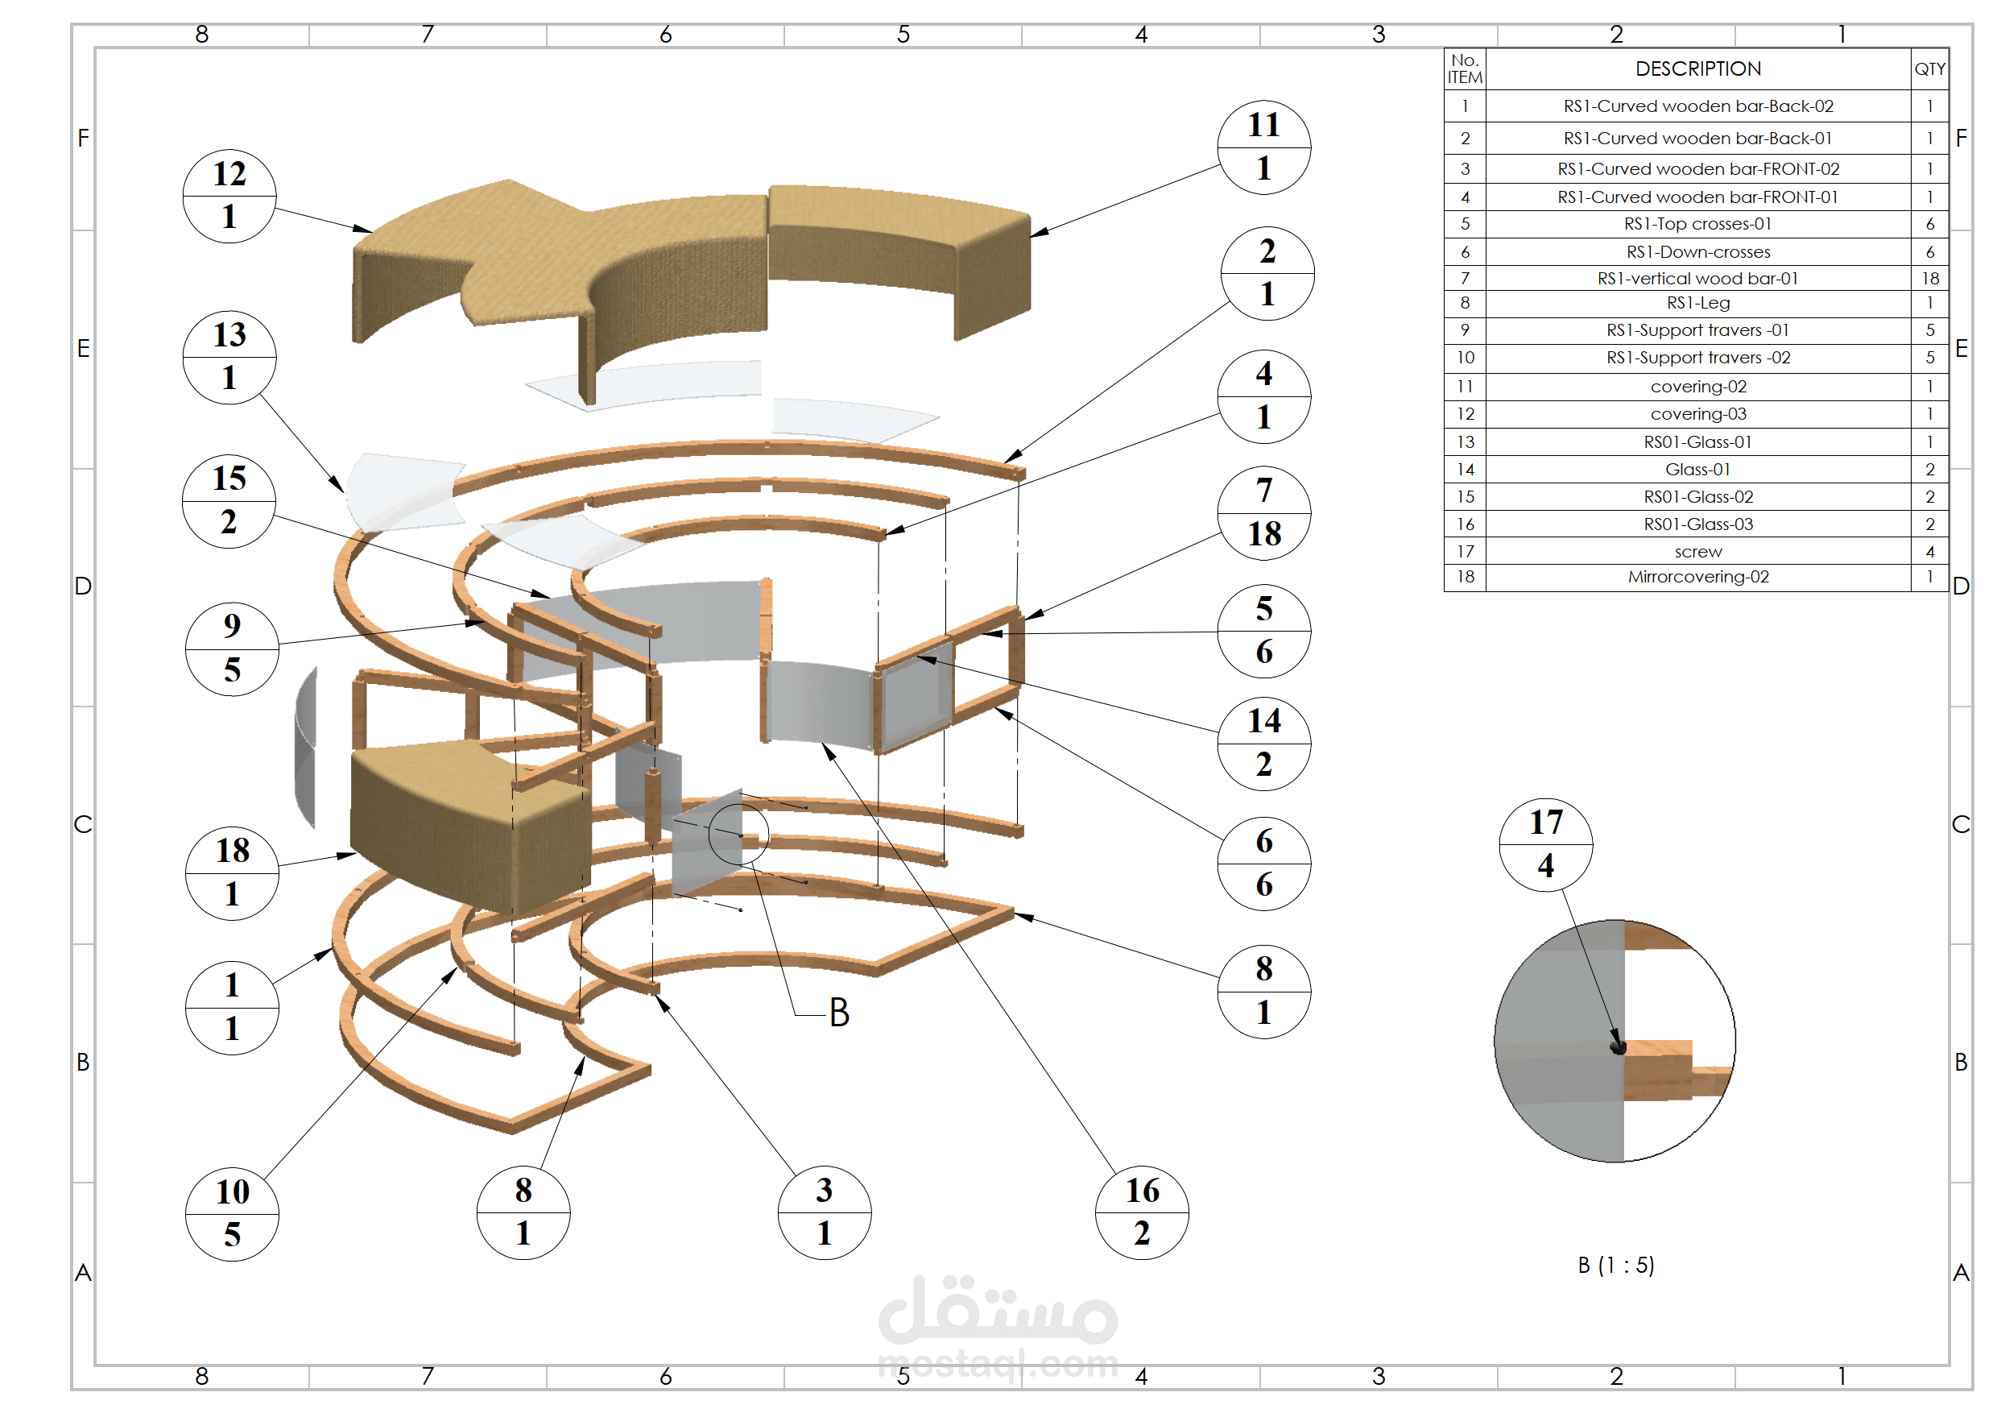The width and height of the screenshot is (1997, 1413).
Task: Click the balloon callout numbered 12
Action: click(x=229, y=196)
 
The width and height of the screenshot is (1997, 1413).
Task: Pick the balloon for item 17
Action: click(x=1545, y=844)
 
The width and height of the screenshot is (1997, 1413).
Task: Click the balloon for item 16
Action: click(x=1142, y=1212)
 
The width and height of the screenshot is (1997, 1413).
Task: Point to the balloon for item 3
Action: click(x=824, y=1212)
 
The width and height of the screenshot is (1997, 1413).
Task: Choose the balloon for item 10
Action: click(x=232, y=1214)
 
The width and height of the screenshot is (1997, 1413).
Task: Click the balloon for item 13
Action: click(x=229, y=357)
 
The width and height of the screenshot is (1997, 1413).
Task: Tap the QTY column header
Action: click(x=1929, y=68)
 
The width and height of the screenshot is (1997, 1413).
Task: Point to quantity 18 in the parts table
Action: click(x=1930, y=279)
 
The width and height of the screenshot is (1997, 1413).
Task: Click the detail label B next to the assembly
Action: click(x=838, y=1013)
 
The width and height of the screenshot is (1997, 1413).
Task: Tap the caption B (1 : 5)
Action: click(x=1616, y=1265)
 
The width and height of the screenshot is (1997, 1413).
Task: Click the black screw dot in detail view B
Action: click(x=1618, y=1047)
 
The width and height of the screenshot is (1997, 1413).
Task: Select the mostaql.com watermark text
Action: click(x=998, y=1365)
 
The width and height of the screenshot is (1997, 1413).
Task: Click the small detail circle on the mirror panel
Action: click(x=738, y=834)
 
